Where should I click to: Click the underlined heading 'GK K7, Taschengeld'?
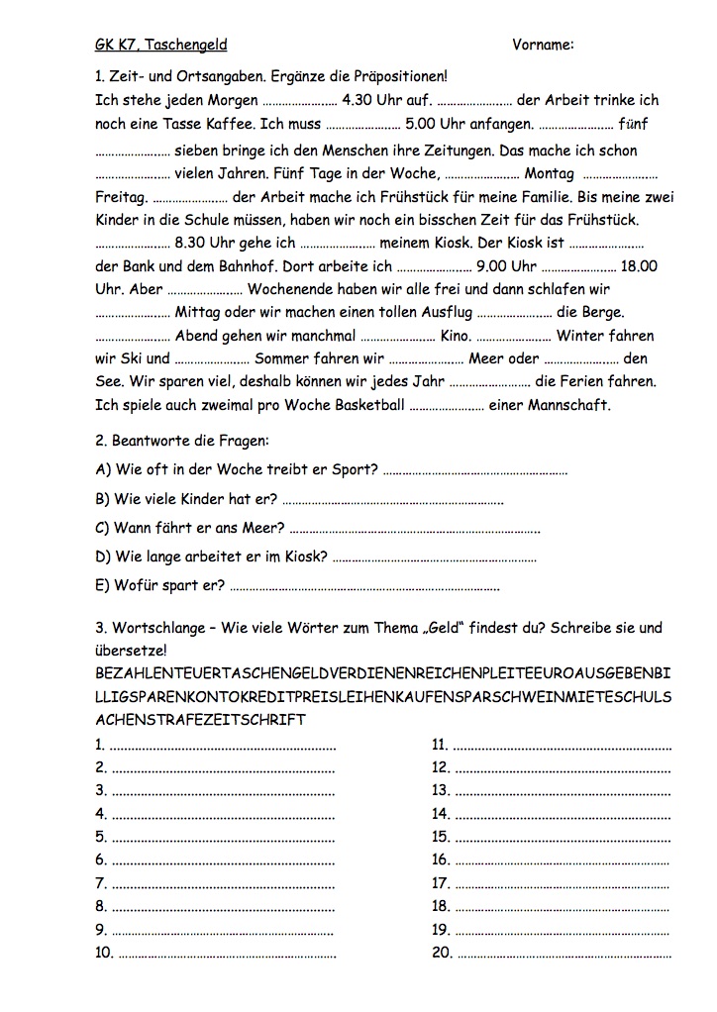coord(160,45)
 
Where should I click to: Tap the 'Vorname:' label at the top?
coord(544,45)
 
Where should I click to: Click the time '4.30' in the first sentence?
coord(357,100)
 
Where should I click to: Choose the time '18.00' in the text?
coord(639,266)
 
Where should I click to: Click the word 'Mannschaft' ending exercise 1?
coord(568,405)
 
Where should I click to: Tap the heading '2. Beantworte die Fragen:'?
coord(181,439)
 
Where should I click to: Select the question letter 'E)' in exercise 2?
coord(102,584)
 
